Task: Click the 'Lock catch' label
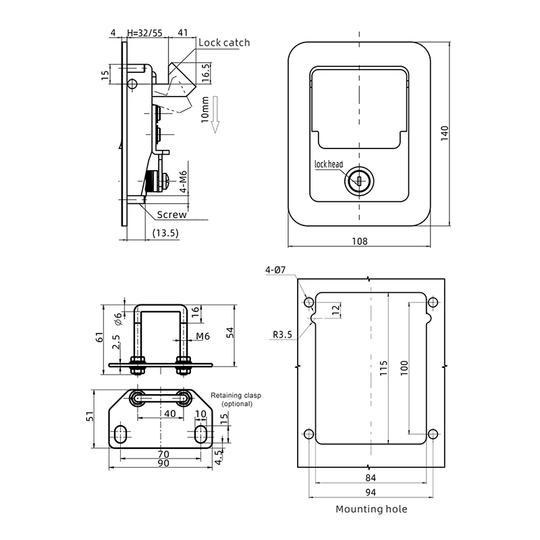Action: (x=224, y=43)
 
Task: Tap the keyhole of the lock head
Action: (x=359, y=181)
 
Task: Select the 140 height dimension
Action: (x=445, y=133)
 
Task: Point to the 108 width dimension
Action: (x=359, y=241)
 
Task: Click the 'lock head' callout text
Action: (x=329, y=164)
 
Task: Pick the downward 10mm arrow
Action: (x=215, y=115)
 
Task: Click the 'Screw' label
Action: (x=172, y=215)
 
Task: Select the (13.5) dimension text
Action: (x=165, y=233)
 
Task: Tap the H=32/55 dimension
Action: (x=144, y=32)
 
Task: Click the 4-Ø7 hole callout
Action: (x=275, y=270)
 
